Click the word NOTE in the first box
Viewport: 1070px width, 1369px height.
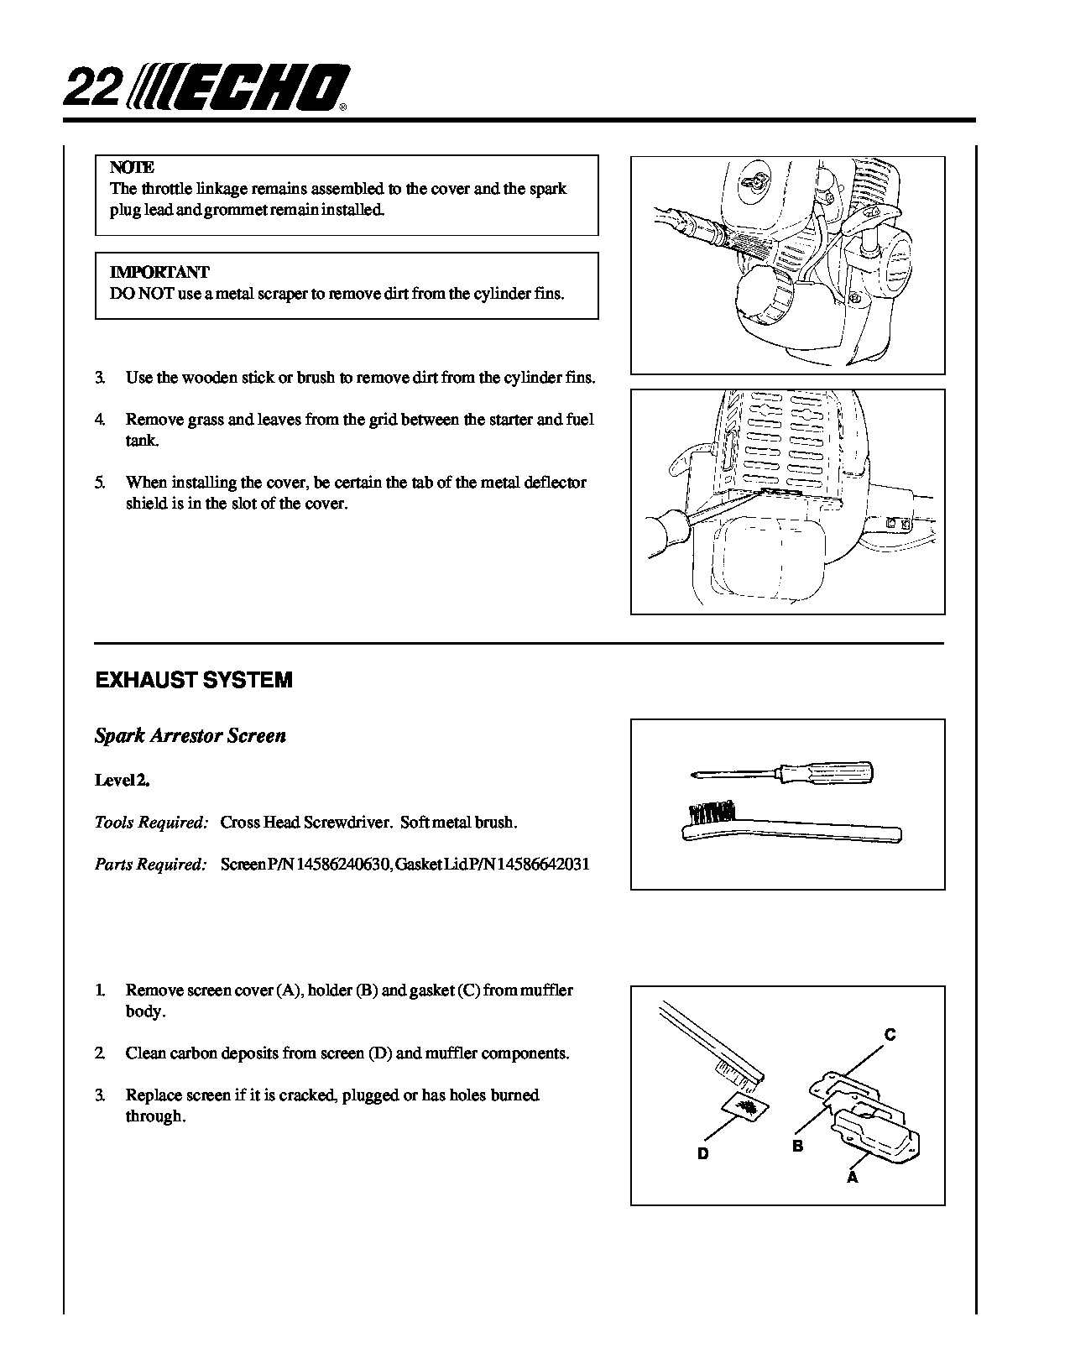pos(132,168)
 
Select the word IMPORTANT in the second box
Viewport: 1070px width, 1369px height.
pos(159,272)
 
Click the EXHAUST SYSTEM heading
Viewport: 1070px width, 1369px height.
pos(194,680)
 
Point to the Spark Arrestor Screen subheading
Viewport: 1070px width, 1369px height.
pos(191,736)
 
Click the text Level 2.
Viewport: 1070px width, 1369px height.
pos(123,780)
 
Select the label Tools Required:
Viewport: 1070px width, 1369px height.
pos(151,823)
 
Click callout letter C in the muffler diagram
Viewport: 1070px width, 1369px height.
pos(890,1035)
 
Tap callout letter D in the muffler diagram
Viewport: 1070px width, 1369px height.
pos(703,1153)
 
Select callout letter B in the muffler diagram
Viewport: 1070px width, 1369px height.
pos(798,1146)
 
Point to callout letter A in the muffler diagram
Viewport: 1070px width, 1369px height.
pos(853,1178)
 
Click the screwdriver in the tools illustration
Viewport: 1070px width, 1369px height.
pos(780,771)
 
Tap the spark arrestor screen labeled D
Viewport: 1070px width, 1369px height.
pos(744,1109)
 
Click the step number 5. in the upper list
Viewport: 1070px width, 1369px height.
pos(100,483)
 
